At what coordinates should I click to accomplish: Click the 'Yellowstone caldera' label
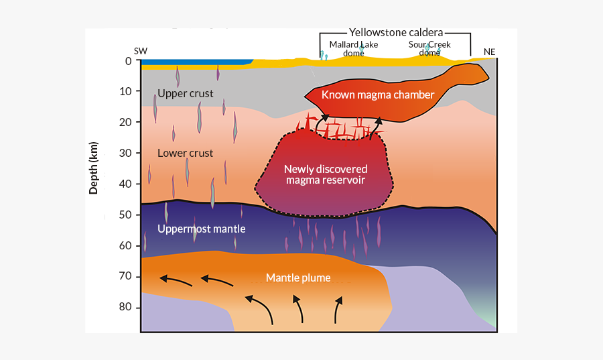[x=397, y=32]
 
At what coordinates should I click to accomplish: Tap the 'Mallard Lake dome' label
[x=353, y=48]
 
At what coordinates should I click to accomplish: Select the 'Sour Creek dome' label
[x=429, y=48]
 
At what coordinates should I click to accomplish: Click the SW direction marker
[x=141, y=51]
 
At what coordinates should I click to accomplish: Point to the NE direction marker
[x=490, y=51]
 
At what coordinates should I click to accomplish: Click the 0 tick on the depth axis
[x=127, y=61]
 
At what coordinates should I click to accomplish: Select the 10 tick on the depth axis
[x=125, y=92]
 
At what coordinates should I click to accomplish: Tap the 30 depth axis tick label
[x=125, y=154]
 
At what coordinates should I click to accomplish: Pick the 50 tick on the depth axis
[x=125, y=215]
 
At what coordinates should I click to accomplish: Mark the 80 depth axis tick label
[x=125, y=308]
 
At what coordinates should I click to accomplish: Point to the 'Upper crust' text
[x=185, y=94]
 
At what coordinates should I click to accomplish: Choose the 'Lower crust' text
[x=185, y=154]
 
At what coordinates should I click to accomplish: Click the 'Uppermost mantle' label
[x=201, y=229]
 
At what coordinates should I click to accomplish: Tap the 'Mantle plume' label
[x=298, y=278]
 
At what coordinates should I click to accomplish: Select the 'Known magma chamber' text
[x=378, y=95]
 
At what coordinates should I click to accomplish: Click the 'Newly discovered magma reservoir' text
[x=326, y=174]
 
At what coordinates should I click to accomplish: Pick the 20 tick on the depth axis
[x=125, y=123]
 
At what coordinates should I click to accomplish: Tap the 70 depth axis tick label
[x=125, y=277]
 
